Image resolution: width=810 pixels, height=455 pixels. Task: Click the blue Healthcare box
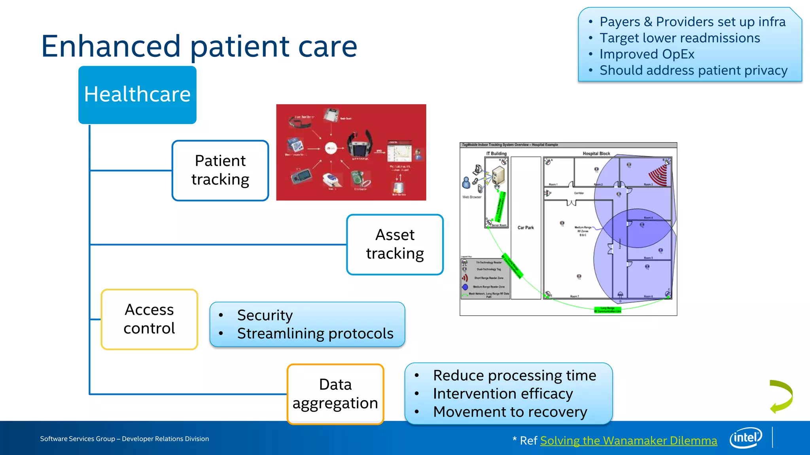[x=137, y=95]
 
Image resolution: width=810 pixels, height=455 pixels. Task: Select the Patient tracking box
[x=220, y=170]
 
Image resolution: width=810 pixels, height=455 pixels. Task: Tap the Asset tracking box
[x=395, y=244]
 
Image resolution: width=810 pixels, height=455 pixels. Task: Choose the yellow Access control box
[x=149, y=319]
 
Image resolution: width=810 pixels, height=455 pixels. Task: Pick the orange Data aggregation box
[x=335, y=394]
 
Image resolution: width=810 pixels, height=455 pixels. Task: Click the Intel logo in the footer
[x=746, y=438]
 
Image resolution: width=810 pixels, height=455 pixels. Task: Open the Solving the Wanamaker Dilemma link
[x=628, y=440]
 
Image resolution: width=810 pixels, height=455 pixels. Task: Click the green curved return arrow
[x=781, y=397]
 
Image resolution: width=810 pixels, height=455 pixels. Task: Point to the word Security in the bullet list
[x=265, y=315]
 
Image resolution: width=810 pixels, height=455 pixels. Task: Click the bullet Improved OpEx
[x=647, y=54]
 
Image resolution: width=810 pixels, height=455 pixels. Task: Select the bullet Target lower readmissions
[x=679, y=38]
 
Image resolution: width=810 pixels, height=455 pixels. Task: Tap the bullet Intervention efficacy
[x=503, y=394]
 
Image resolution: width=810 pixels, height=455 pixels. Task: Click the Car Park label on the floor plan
[x=526, y=227]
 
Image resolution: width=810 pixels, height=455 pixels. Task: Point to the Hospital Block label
[x=596, y=154]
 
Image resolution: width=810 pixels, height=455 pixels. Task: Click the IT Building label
[x=496, y=154]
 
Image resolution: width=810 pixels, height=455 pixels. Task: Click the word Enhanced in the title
[x=111, y=46]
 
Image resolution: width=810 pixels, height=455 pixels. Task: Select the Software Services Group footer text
[x=124, y=439]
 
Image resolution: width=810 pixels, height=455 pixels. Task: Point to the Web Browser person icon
[x=466, y=183]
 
